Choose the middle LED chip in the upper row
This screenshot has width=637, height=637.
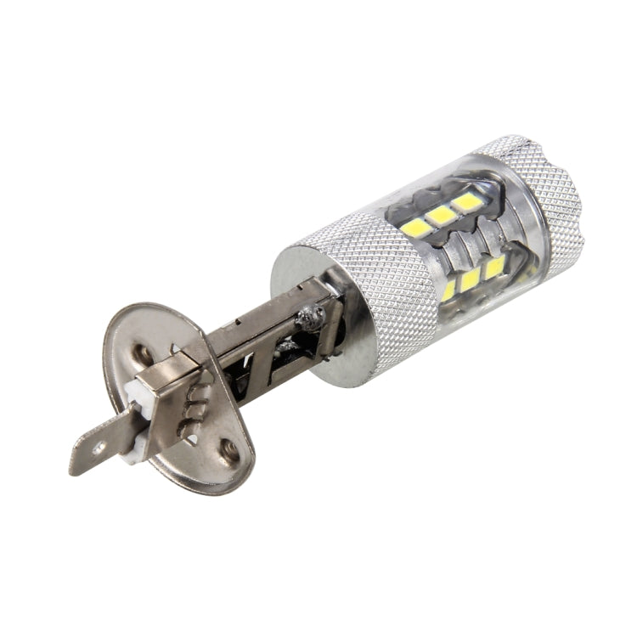click(441, 216)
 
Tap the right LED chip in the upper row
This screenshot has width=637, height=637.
click(465, 202)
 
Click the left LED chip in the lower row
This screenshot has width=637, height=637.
click(448, 291)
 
